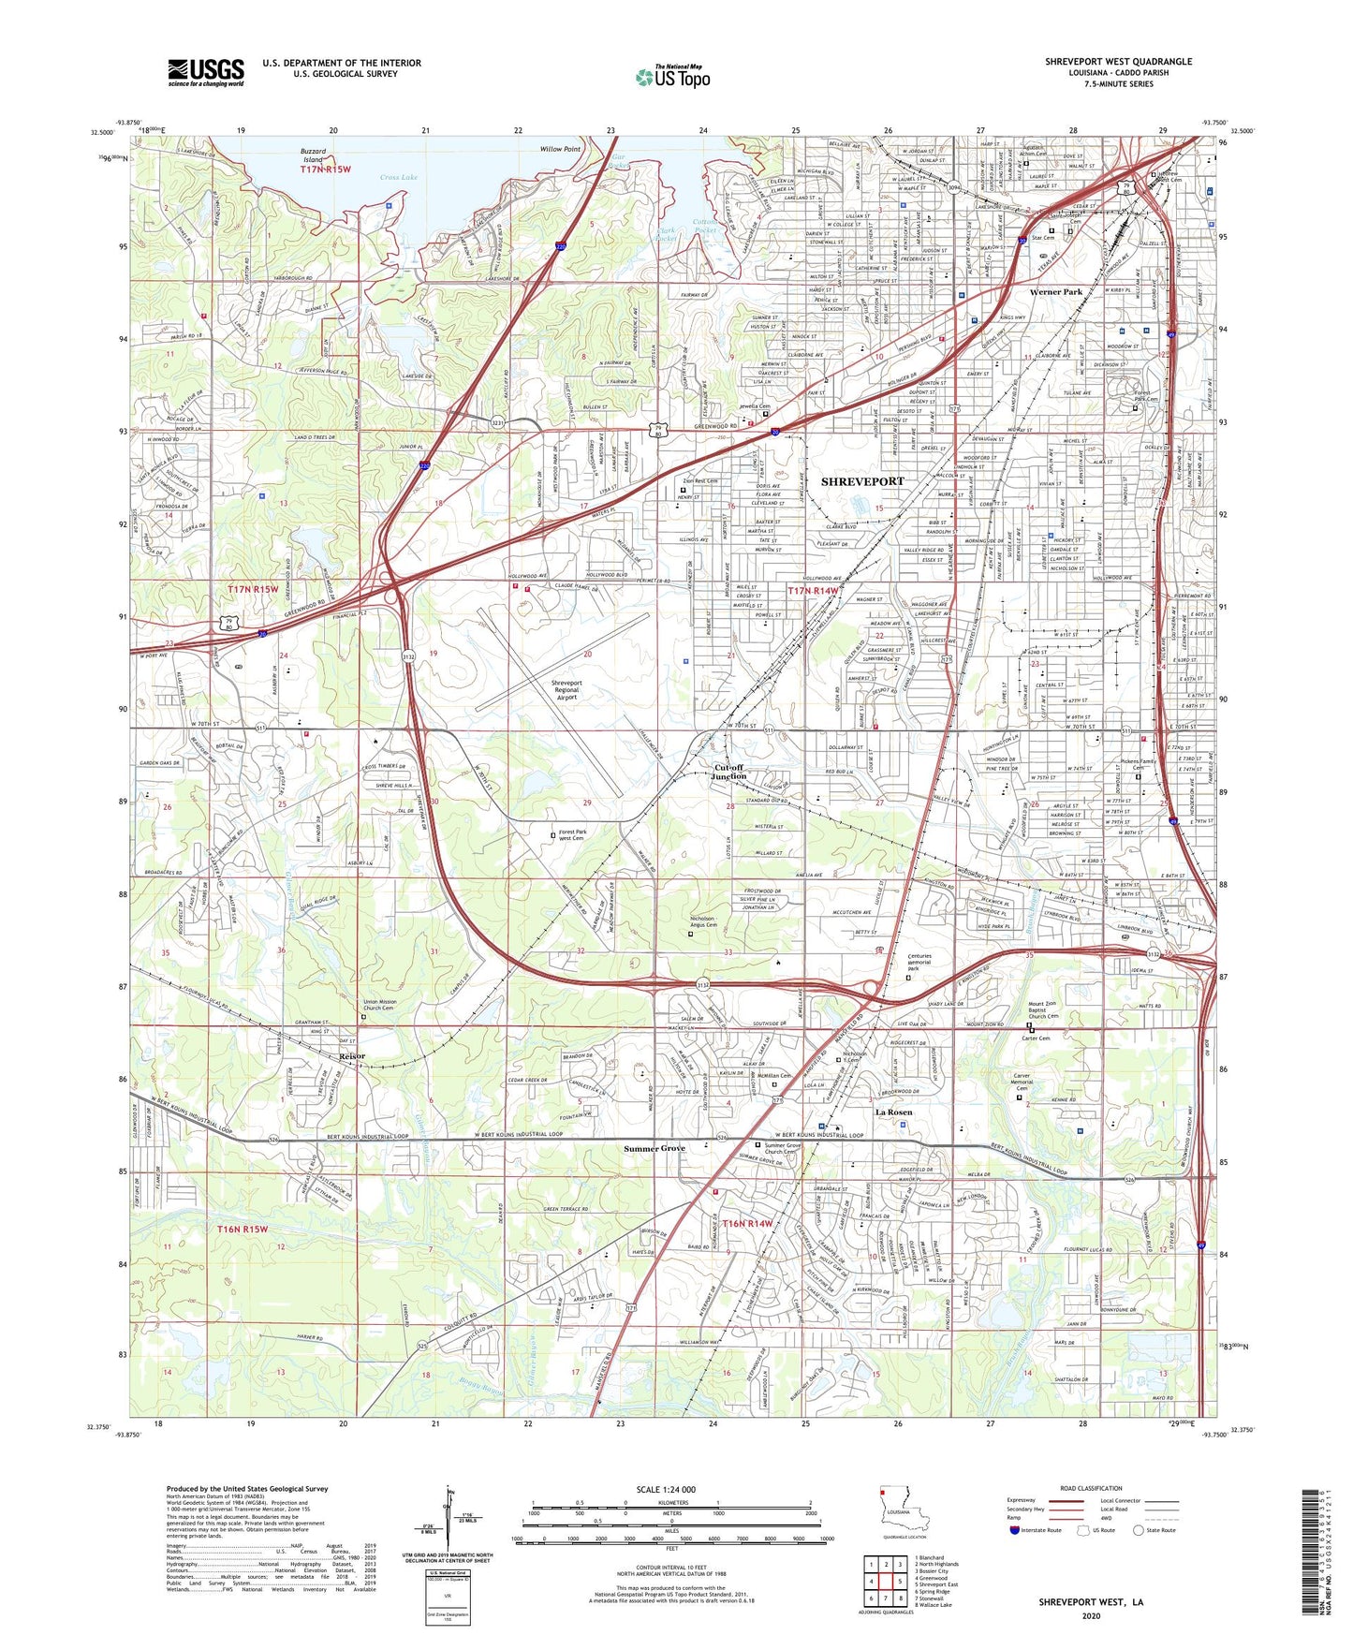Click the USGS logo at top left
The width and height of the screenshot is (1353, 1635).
(205, 71)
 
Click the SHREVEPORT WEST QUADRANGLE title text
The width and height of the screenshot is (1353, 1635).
(1118, 62)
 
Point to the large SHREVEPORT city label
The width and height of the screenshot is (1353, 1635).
(862, 480)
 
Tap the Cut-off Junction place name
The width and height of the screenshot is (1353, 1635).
(728, 772)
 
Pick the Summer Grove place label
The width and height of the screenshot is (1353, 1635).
(654, 1148)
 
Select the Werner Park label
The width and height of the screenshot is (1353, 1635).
(1055, 292)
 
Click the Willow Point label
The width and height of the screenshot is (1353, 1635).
(560, 149)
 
